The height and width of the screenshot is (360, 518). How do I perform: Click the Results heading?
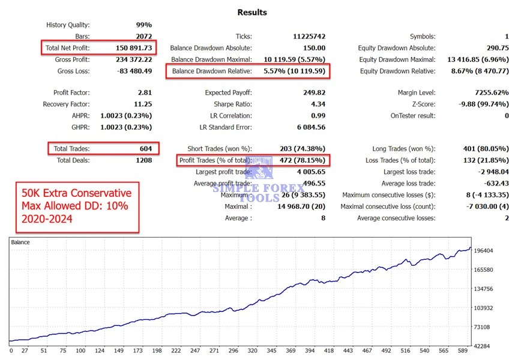pos(252,12)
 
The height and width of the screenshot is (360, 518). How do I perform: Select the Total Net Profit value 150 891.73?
pos(134,48)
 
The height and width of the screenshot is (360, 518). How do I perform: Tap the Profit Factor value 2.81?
pos(144,93)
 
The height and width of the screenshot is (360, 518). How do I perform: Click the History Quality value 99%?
pos(143,25)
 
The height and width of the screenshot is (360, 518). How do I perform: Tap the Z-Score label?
pos(421,104)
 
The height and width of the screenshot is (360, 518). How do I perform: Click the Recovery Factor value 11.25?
pos(142,104)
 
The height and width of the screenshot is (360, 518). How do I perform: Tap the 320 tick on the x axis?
pos(252,350)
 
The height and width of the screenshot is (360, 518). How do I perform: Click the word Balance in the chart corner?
pos(20,242)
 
